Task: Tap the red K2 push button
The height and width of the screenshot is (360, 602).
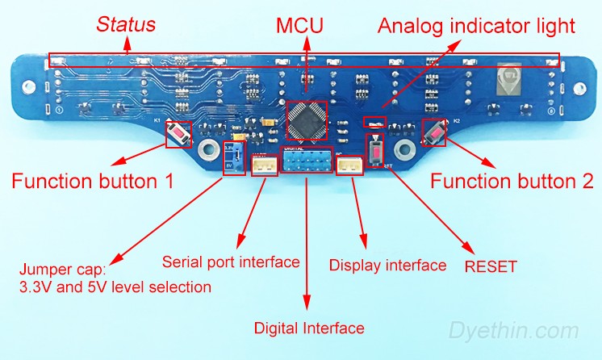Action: point(435,132)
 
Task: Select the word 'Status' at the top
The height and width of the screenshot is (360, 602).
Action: point(127,25)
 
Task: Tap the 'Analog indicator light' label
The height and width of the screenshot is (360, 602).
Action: point(477,26)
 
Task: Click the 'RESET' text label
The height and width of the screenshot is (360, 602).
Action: point(491,265)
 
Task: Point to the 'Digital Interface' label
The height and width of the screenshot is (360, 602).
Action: point(309,329)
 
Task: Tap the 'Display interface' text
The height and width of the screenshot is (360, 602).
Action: point(387,265)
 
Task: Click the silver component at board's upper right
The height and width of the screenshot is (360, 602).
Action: point(508,78)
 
